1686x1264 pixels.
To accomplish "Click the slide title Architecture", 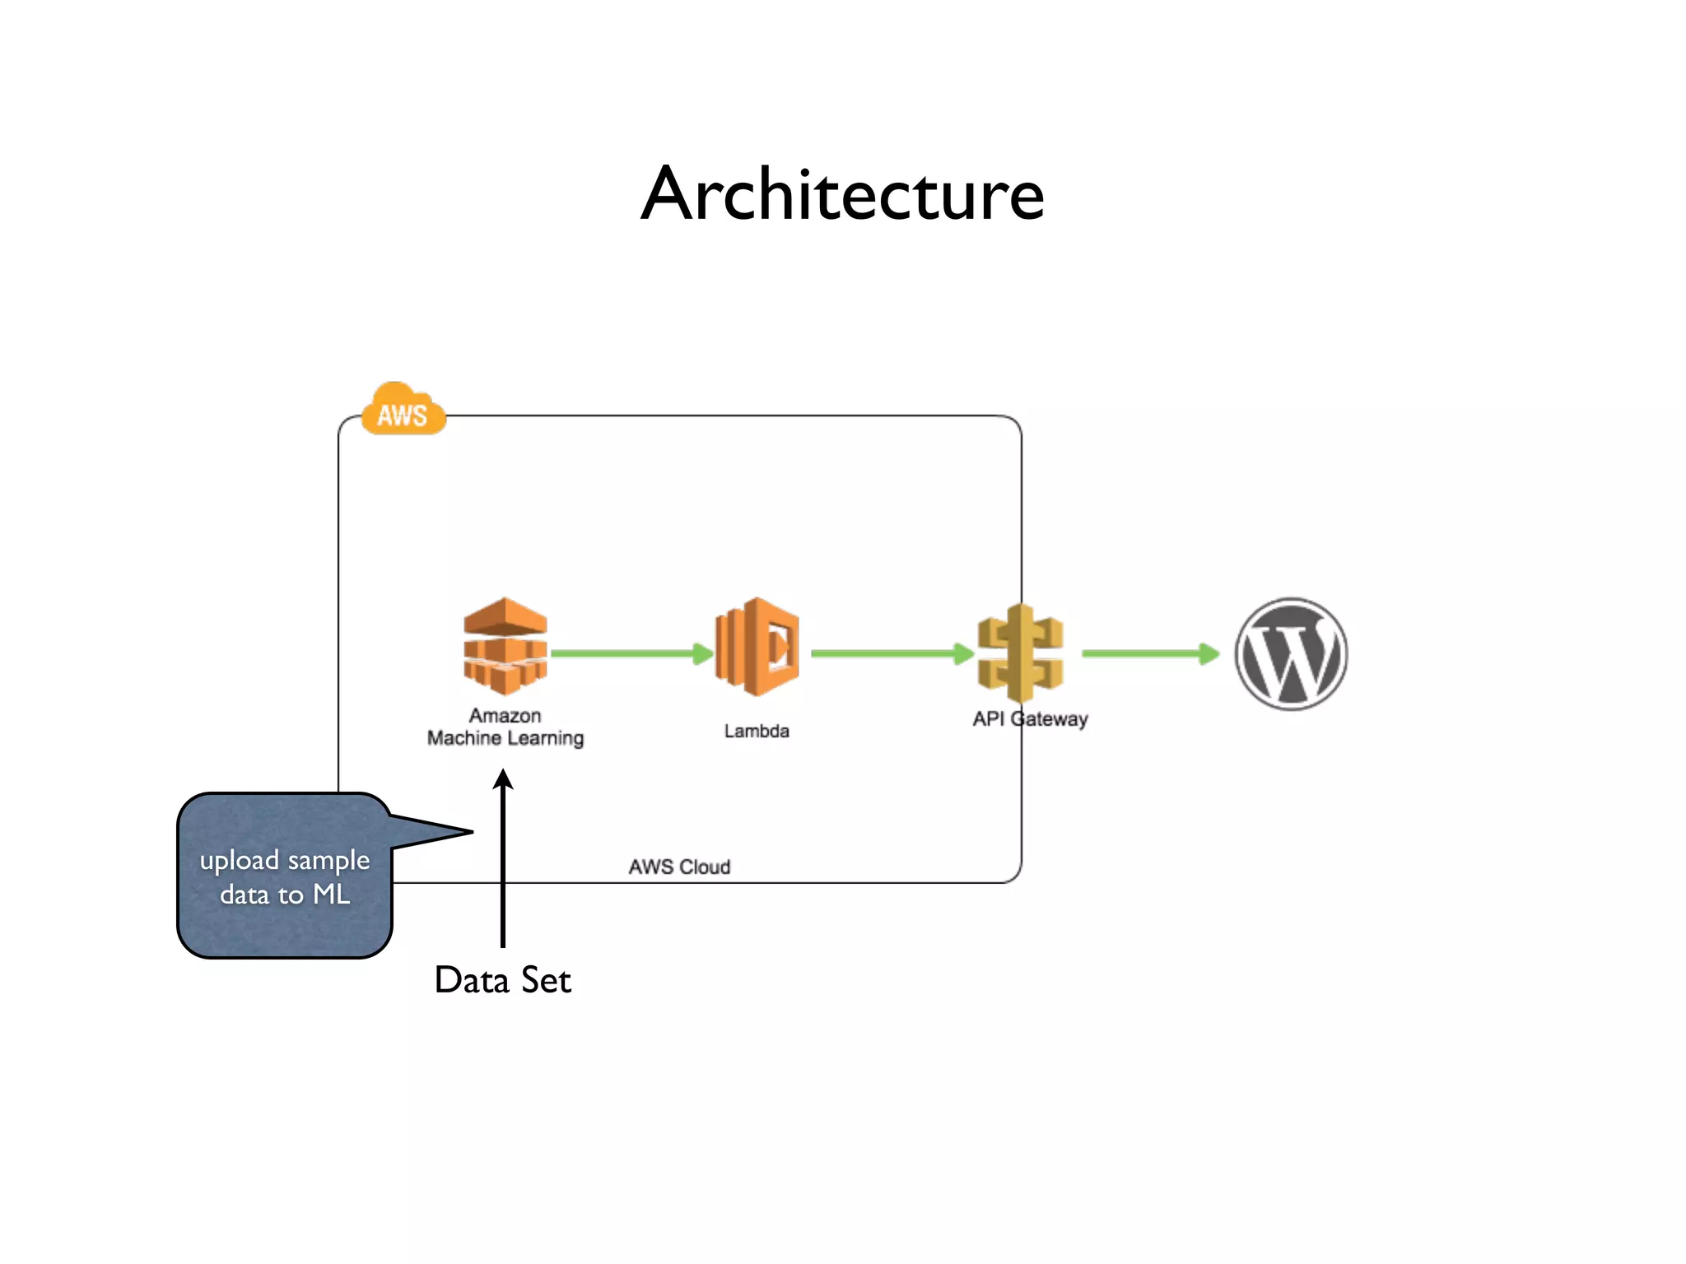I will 842,194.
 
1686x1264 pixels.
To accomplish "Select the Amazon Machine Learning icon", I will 505,646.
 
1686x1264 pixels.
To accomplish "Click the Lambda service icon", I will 757,647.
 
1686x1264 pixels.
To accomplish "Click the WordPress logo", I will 1290,653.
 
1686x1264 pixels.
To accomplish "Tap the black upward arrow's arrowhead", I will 503,778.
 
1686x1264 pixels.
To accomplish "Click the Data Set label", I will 502,979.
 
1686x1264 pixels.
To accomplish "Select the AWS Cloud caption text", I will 679,867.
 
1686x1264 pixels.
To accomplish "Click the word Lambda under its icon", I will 757,731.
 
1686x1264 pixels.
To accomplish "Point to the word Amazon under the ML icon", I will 505,715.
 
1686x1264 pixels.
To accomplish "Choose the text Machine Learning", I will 505,738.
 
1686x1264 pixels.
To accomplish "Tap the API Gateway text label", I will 1030,718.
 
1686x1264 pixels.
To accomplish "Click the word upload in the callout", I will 239,861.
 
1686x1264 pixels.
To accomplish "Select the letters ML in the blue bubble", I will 331,894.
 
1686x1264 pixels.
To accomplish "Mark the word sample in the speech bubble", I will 328,861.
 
